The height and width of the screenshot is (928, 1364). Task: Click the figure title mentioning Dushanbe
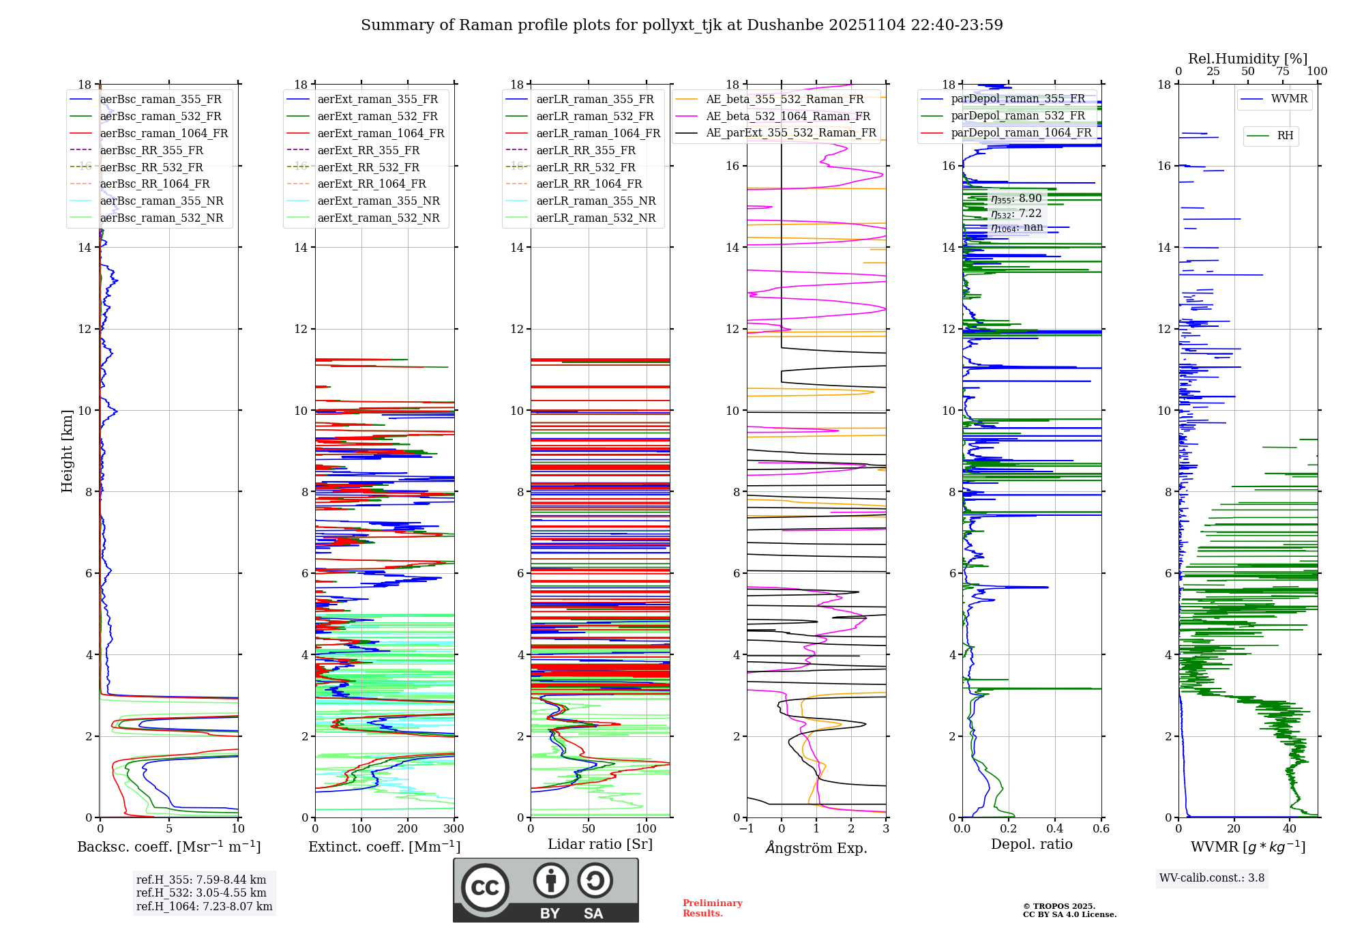681,25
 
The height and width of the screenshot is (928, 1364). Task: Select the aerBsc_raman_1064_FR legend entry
164,133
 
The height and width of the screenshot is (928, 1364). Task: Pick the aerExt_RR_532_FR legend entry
368,167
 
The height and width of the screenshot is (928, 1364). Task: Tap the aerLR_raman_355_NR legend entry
595,201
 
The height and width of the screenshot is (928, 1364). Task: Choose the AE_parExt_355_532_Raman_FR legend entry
790,132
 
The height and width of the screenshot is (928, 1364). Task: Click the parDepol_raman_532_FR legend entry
1018,116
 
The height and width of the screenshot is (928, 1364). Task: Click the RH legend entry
1285,136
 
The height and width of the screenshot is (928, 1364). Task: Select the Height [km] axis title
67,450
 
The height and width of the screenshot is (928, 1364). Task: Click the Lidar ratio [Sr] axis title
600,844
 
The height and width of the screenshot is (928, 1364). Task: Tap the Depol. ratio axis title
1031,844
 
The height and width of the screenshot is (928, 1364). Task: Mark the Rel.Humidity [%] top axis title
1247,59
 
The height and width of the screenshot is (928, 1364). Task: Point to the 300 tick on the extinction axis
454,829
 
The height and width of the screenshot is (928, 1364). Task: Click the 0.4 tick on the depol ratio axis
1054,829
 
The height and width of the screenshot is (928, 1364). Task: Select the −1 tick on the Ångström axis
746,829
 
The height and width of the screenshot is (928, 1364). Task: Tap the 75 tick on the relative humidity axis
1282,72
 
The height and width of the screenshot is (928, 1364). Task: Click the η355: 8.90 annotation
1016,199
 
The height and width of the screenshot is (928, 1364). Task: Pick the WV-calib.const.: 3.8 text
1212,878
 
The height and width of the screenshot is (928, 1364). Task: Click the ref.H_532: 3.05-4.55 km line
201,893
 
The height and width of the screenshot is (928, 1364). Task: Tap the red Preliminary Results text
712,908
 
